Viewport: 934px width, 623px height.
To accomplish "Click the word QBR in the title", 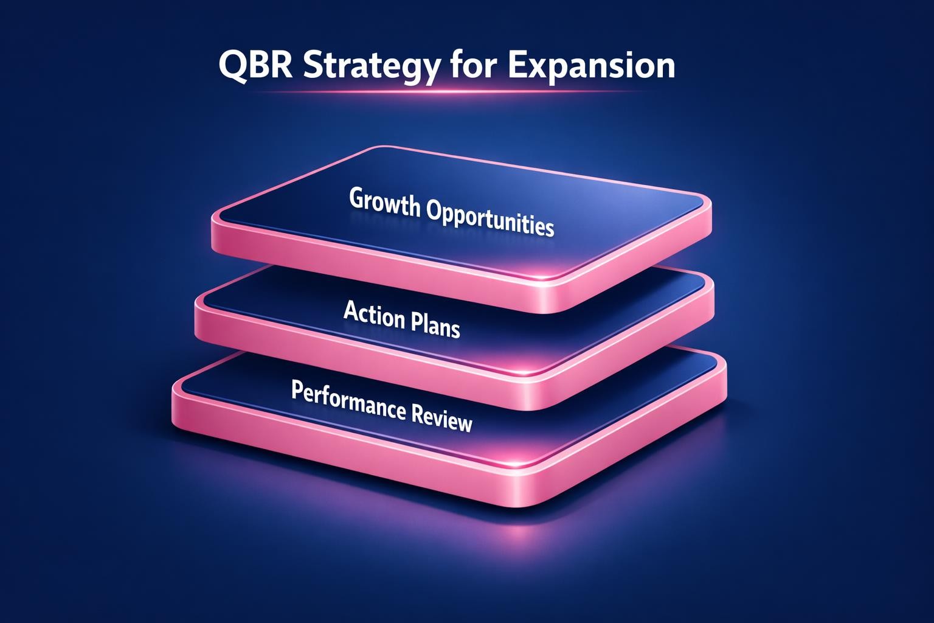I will click(253, 66).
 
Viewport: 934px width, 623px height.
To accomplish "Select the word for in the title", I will click(471, 66).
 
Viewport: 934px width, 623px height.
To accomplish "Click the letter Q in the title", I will click(230, 66).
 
